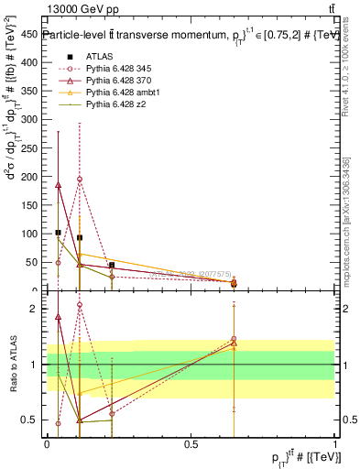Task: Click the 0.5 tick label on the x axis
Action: point(191,444)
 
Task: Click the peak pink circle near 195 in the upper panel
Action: point(80,180)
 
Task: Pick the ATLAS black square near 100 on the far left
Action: point(58,233)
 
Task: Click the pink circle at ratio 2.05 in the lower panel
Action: point(80,305)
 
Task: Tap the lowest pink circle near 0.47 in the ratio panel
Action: point(58,423)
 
